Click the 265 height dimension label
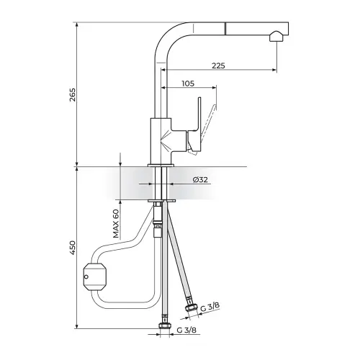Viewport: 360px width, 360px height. pyautogui.click(x=73, y=95)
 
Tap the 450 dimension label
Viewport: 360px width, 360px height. pyautogui.click(x=73, y=248)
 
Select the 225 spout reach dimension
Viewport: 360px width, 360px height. pyautogui.click(x=218, y=66)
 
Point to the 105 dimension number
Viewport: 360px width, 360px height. pyautogui.click(x=188, y=84)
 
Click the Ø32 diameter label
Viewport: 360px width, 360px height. pyautogui.click(x=200, y=179)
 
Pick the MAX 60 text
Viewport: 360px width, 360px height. pyautogui.click(x=116, y=224)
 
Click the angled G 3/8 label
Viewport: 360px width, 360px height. pyautogui.click(x=210, y=307)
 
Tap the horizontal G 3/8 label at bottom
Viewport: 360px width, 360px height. pyautogui.click(x=186, y=330)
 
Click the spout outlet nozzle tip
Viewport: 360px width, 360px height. pyautogui.click(x=276, y=37)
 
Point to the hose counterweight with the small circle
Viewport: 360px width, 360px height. pyautogui.click(x=94, y=276)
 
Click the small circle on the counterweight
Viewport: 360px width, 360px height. pyautogui.click(x=86, y=277)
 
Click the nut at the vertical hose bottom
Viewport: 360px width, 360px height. pyautogui.click(x=165, y=325)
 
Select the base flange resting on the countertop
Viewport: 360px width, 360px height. pyautogui.click(x=161, y=165)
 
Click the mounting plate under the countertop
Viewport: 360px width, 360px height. pyautogui.click(x=161, y=201)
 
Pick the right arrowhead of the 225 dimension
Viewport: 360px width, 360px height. pyautogui.click(x=274, y=70)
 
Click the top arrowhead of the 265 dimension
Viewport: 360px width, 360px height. pyautogui.click(x=77, y=25)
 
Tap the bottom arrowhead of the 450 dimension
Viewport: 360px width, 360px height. pyautogui.click(x=77, y=325)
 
